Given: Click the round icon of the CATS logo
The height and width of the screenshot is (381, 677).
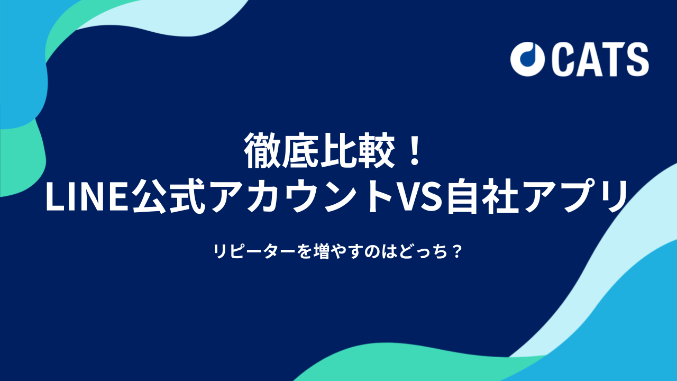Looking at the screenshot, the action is point(527,59).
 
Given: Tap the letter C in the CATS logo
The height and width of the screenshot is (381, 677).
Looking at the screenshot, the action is point(563,59).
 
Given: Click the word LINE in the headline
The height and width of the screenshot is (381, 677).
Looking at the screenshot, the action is point(88,197).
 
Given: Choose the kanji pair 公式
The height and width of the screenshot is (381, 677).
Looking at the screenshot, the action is point(169,196).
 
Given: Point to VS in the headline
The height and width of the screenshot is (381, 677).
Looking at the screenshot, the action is point(419,197).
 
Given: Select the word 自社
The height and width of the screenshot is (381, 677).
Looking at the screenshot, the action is point(483,196).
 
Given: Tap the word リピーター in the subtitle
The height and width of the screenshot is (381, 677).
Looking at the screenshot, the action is point(253,251).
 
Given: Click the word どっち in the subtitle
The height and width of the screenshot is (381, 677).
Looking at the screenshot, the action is point(423,251).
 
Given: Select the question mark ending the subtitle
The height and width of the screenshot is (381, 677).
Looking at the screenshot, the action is point(458,251).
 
